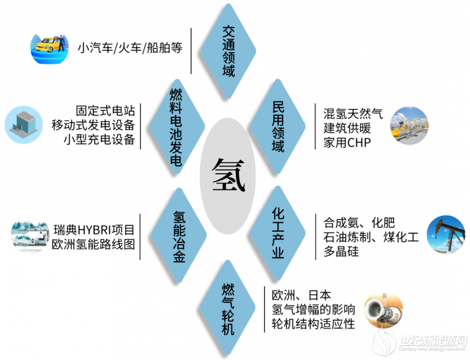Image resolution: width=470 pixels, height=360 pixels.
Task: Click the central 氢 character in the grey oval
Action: pos(228,175)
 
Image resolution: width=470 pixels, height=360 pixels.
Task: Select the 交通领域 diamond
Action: pos(228,51)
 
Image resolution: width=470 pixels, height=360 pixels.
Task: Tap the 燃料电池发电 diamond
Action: pos(177,126)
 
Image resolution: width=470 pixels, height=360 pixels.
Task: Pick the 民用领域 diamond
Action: pos(278,126)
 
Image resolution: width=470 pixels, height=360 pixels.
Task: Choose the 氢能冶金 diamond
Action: pos(179,235)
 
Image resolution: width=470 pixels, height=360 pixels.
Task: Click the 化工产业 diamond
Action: pos(278,233)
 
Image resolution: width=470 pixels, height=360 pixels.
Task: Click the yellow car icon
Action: pos(50,49)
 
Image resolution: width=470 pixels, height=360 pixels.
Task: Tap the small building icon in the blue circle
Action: pos(23,125)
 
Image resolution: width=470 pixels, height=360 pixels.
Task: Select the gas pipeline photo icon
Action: pos(409,125)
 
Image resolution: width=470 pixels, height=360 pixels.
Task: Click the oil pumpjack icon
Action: pos(446,234)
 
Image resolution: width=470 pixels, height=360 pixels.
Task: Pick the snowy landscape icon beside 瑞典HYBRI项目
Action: pos(30,237)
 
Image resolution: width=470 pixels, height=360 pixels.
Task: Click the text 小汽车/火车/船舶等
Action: pos(130,48)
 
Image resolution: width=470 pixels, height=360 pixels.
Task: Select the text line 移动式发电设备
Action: pos(93,125)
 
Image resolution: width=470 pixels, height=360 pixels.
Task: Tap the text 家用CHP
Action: pos(347,143)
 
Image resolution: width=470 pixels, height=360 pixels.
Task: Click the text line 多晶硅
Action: pos(341,251)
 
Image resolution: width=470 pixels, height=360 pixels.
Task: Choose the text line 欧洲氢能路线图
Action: pos(93,244)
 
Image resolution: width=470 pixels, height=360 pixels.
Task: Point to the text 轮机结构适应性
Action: pos(313,324)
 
